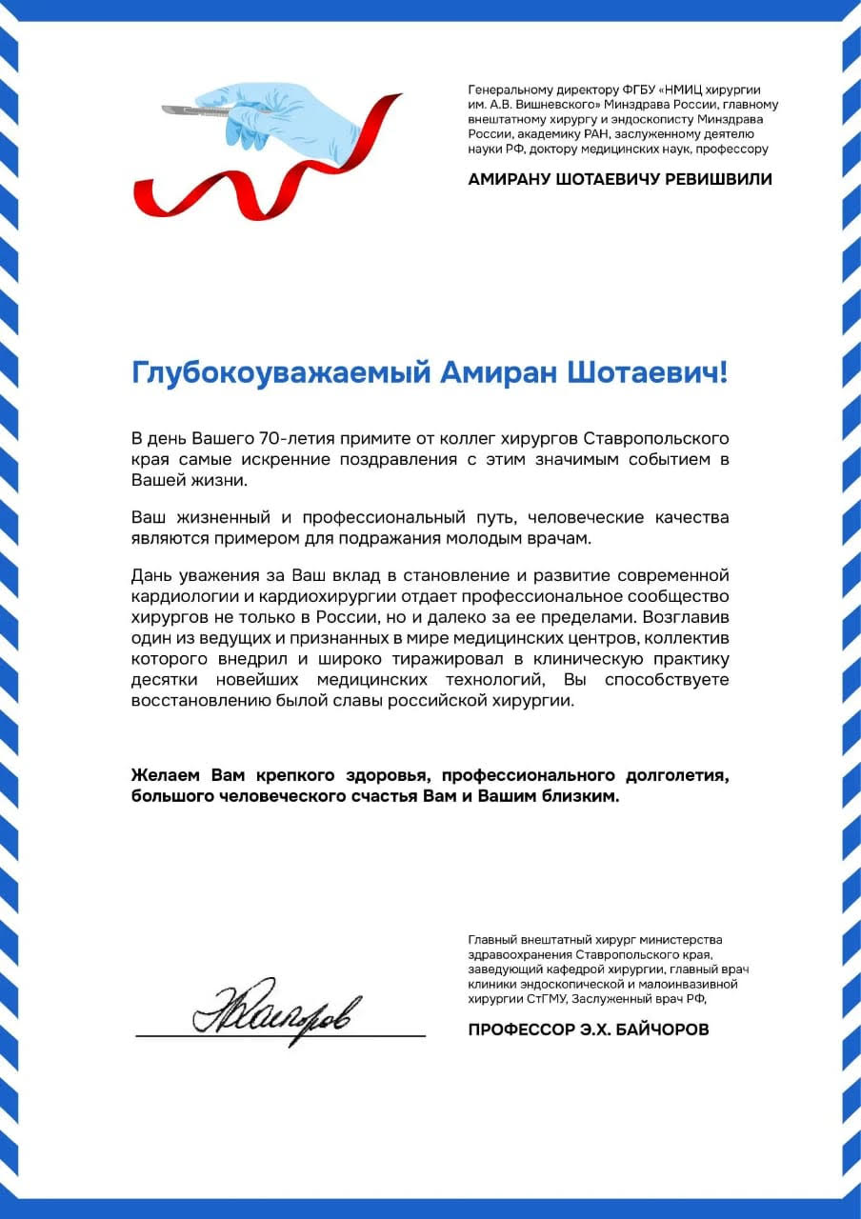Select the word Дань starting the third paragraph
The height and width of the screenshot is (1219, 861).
[150, 575]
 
